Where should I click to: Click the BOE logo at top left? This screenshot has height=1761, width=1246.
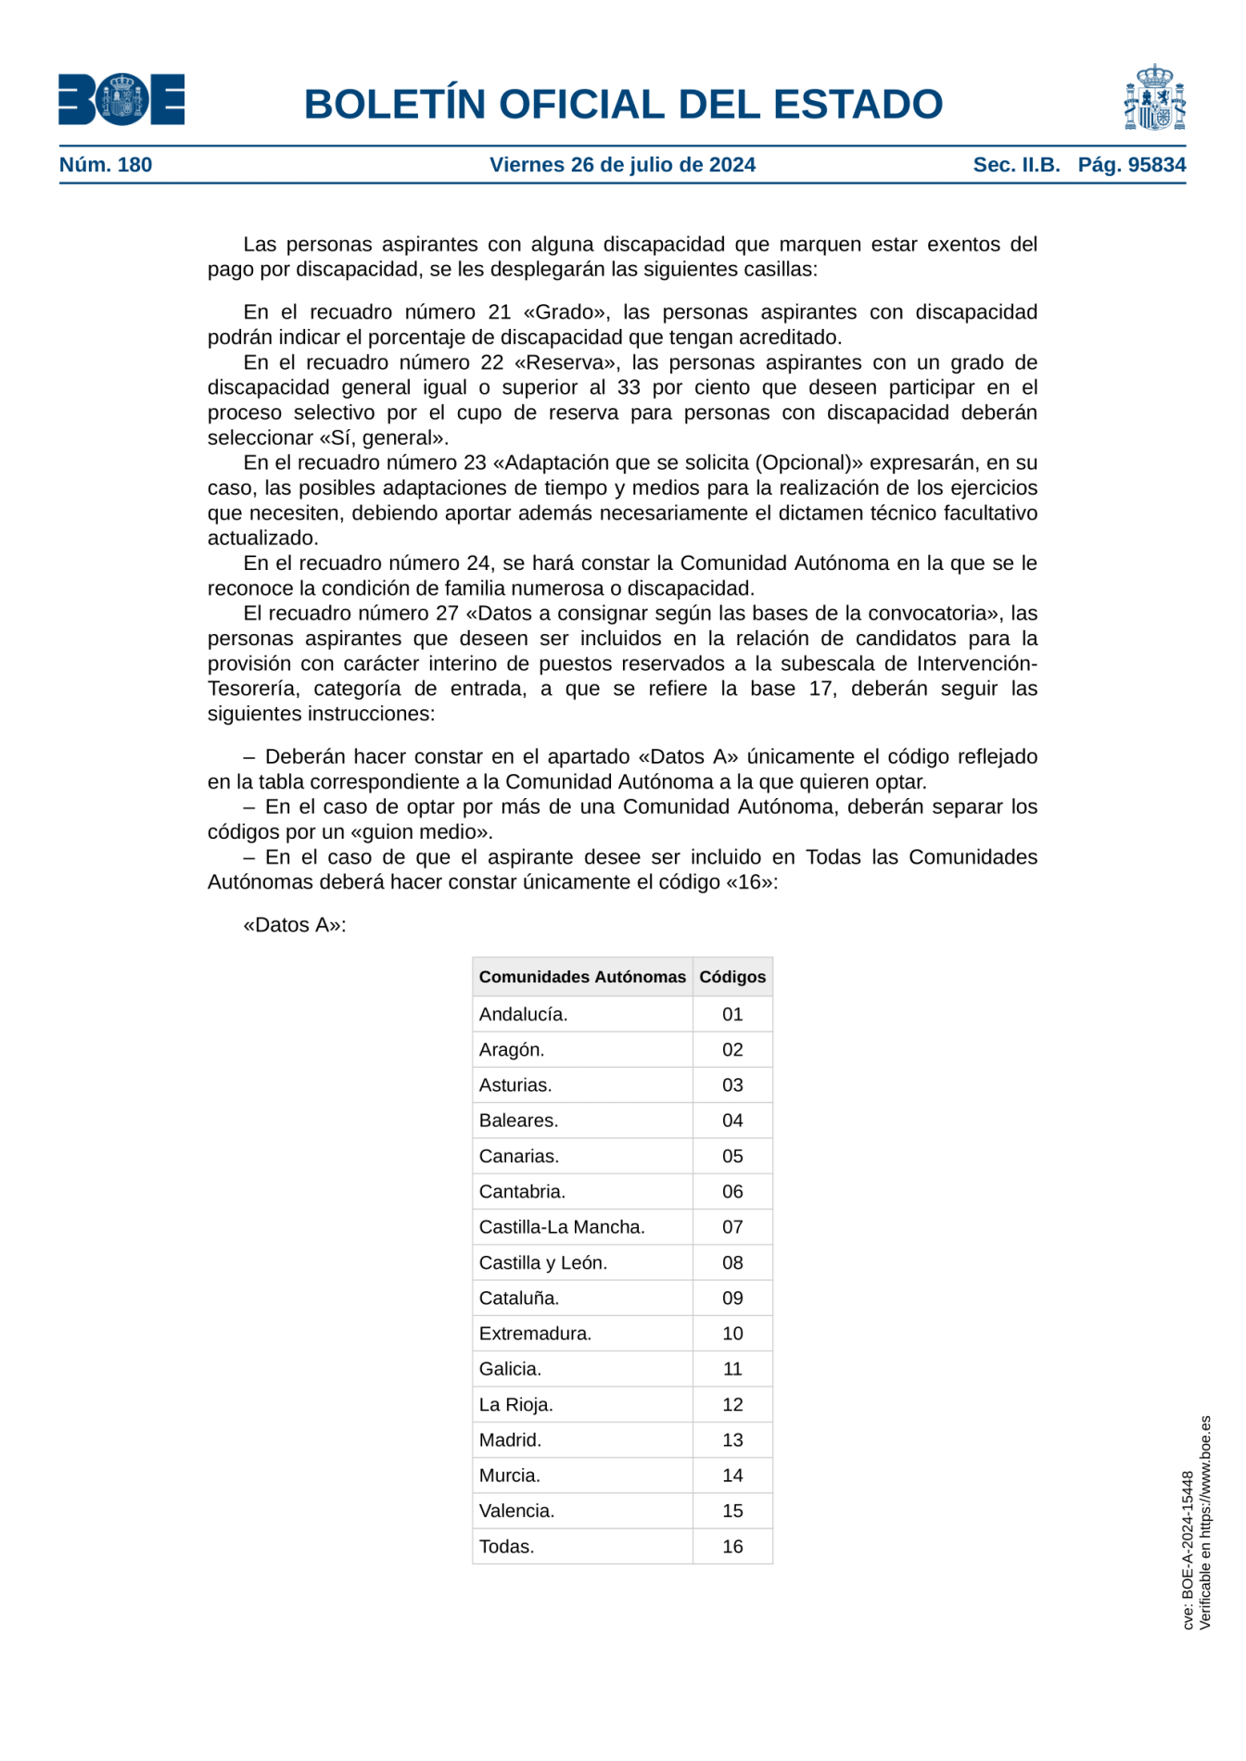tap(121, 99)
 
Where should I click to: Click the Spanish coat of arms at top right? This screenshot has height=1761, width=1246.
tap(1154, 97)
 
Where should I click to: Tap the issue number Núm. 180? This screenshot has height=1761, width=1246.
tap(106, 165)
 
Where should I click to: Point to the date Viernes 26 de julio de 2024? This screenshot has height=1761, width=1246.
tap(622, 165)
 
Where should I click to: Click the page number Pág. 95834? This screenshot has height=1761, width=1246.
tap(1131, 165)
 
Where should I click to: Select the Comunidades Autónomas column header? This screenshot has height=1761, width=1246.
tap(582, 977)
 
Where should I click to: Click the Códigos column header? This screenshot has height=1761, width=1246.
tap(732, 977)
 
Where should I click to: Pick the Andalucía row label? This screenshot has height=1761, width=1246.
tap(523, 1014)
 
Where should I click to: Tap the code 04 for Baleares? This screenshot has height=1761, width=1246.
tap(732, 1121)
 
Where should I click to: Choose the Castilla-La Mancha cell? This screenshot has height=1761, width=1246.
tap(562, 1227)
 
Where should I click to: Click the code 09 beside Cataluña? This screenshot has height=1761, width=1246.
tap(732, 1298)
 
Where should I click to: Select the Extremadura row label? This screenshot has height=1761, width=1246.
tap(535, 1333)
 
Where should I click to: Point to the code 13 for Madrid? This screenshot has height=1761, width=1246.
tap(732, 1439)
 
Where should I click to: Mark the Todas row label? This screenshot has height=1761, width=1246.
tap(506, 1546)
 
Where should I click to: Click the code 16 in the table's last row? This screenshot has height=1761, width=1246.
tap(732, 1546)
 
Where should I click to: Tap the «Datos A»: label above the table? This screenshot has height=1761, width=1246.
tap(294, 925)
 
